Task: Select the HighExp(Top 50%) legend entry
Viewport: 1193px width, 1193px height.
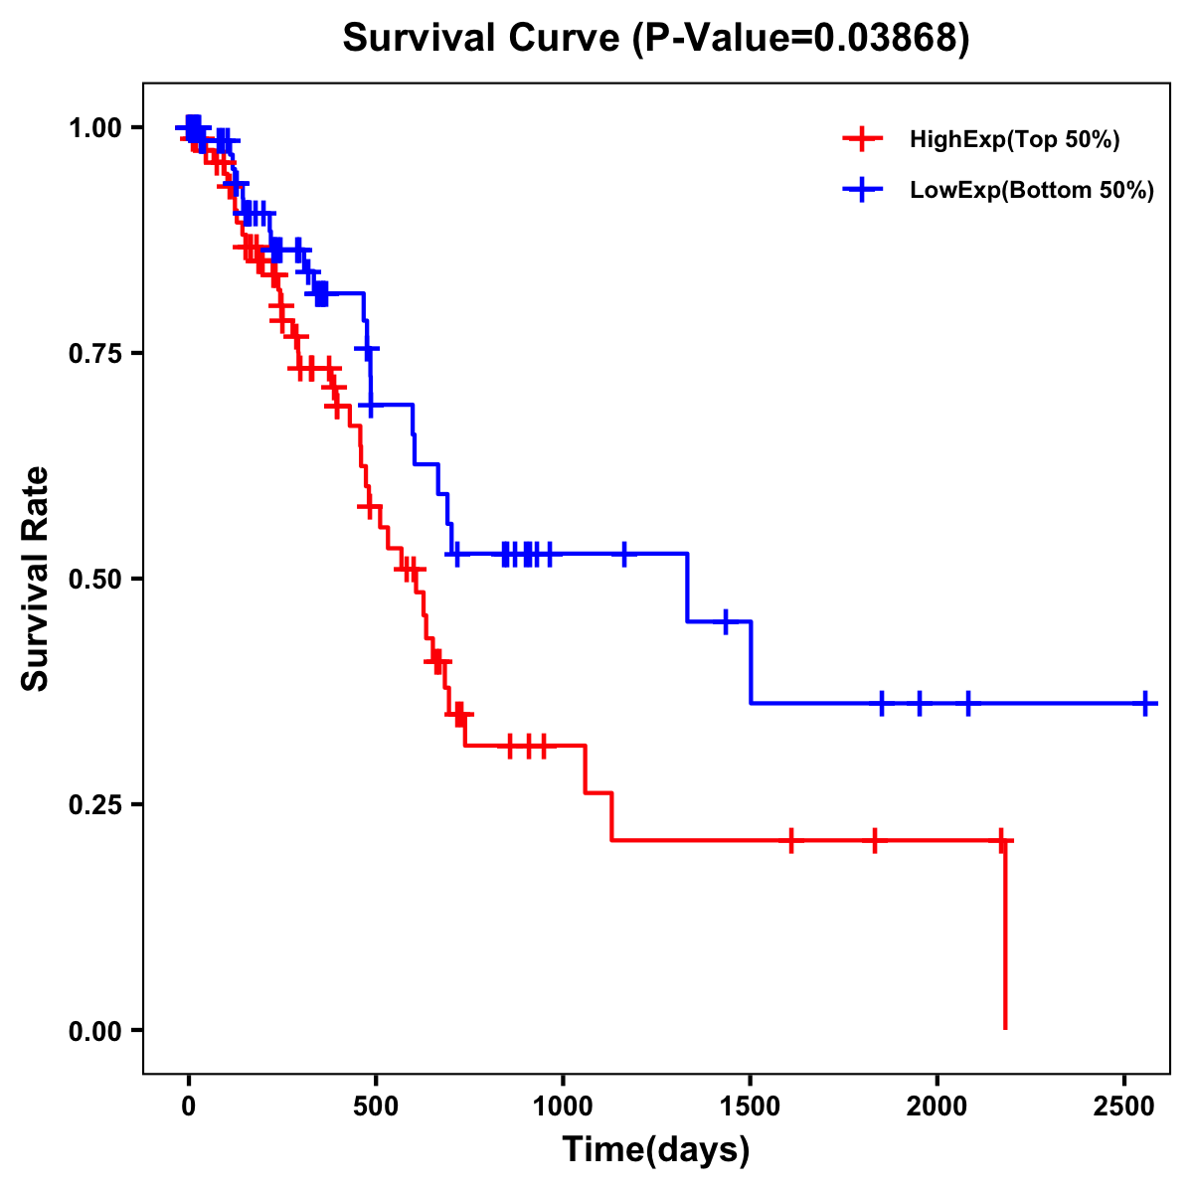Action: click(x=1014, y=139)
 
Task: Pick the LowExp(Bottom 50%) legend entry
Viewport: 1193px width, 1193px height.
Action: click(x=1031, y=190)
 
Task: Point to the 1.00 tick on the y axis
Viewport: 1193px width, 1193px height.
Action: click(x=95, y=127)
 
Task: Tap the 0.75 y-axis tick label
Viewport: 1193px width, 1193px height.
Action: click(x=95, y=353)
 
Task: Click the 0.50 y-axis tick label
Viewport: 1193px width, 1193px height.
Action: click(x=95, y=579)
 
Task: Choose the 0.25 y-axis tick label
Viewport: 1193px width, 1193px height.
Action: click(x=95, y=804)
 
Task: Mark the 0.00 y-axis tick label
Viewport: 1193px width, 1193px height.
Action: click(x=95, y=1030)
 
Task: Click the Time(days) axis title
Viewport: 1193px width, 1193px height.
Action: click(x=656, y=1150)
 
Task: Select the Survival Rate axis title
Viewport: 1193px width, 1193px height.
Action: click(x=36, y=579)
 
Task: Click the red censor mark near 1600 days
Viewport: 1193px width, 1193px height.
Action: click(x=790, y=840)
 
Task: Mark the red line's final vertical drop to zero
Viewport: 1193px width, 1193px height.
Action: click(x=1005, y=935)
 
